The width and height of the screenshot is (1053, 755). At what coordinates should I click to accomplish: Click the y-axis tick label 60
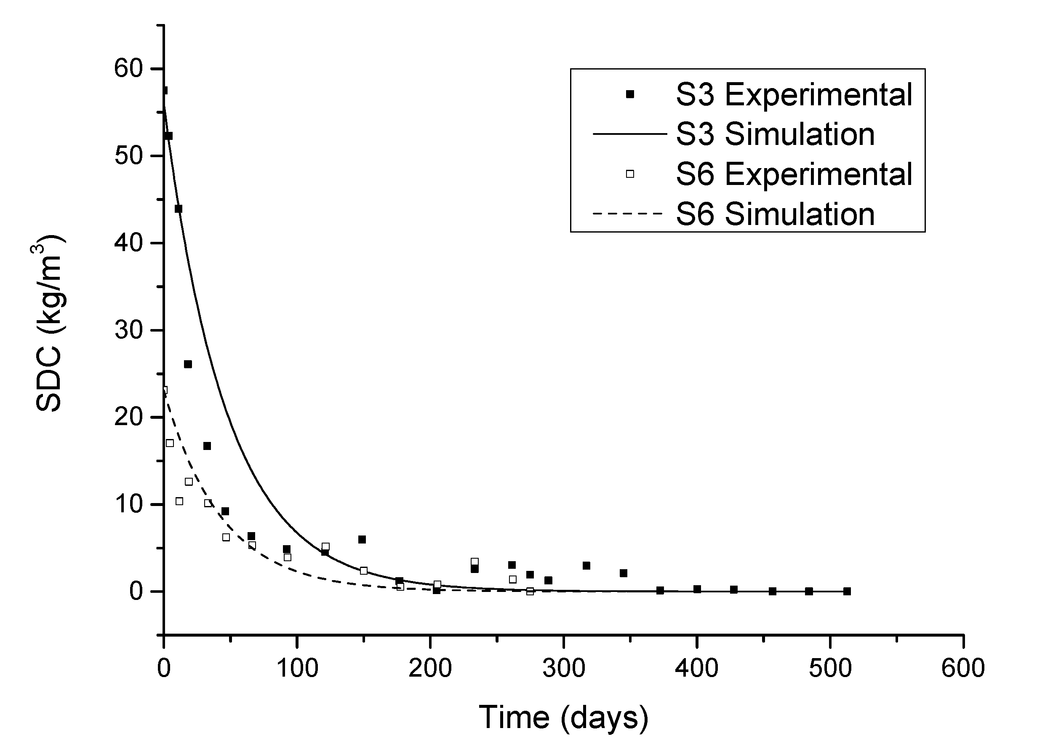click(x=128, y=69)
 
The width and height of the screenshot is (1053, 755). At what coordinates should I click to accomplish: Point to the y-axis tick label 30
click(x=128, y=330)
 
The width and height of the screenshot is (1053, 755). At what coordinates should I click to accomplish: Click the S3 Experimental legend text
click(x=794, y=95)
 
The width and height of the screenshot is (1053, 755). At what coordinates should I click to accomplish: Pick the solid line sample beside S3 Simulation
click(x=629, y=134)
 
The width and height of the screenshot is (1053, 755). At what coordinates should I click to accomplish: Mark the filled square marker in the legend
click(x=630, y=94)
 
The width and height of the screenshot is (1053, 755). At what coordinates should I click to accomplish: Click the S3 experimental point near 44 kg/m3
click(x=178, y=209)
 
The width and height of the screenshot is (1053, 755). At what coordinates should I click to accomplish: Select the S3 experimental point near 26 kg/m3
click(x=188, y=364)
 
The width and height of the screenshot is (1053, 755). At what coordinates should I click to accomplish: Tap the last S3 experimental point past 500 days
click(x=847, y=592)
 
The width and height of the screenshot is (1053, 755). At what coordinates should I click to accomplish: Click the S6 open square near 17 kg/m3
click(x=170, y=443)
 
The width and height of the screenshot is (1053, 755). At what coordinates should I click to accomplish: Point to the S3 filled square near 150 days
click(x=362, y=539)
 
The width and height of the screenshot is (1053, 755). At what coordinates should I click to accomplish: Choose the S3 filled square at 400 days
click(x=697, y=589)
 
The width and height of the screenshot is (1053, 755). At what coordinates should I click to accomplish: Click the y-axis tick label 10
click(x=128, y=505)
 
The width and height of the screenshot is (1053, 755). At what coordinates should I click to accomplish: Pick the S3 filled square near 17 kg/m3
click(x=207, y=446)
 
